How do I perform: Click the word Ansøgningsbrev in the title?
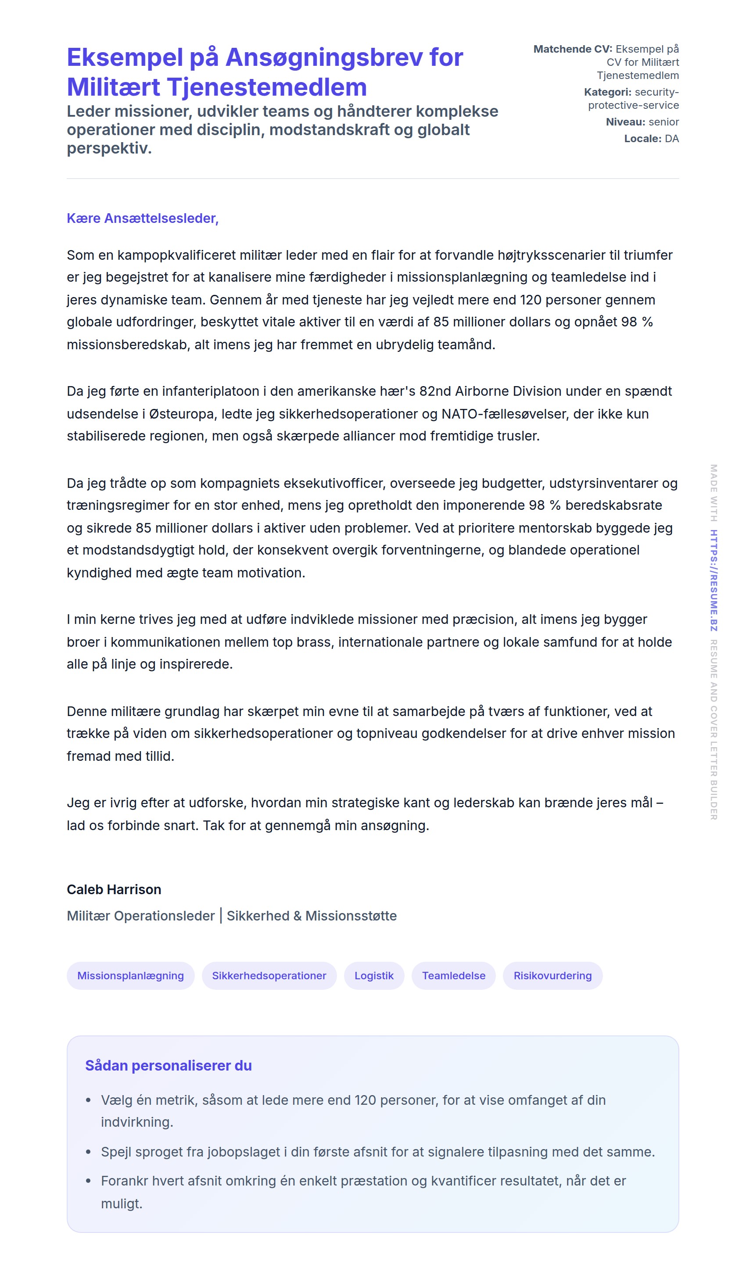pyautogui.click(x=324, y=57)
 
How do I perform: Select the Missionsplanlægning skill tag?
pyautogui.click(x=131, y=975)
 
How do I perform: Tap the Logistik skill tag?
pyautogui.click(x=374, y=975)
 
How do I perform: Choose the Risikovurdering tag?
pyautogui.click(x=552, y=975)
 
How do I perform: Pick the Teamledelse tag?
pyautogui.click(x=453, y=975)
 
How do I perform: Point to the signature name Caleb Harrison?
pyautogui.click(x=114, y=889)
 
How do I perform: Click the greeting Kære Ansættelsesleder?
pyautogui.click(x=142, y=218)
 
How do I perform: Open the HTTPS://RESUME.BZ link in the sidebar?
pyautogui.click(x=714, y=580)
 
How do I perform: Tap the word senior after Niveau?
pyautogui.click(x=664, y=122)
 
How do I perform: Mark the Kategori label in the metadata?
pyautogui.click(x=607, y=92)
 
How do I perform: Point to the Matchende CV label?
pyautogui.click(x=572, y=49)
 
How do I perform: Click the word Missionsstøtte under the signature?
pyautogui.click(x=351, y=916)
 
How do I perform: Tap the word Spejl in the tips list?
pyautogui.click(x=116, y=1152)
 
